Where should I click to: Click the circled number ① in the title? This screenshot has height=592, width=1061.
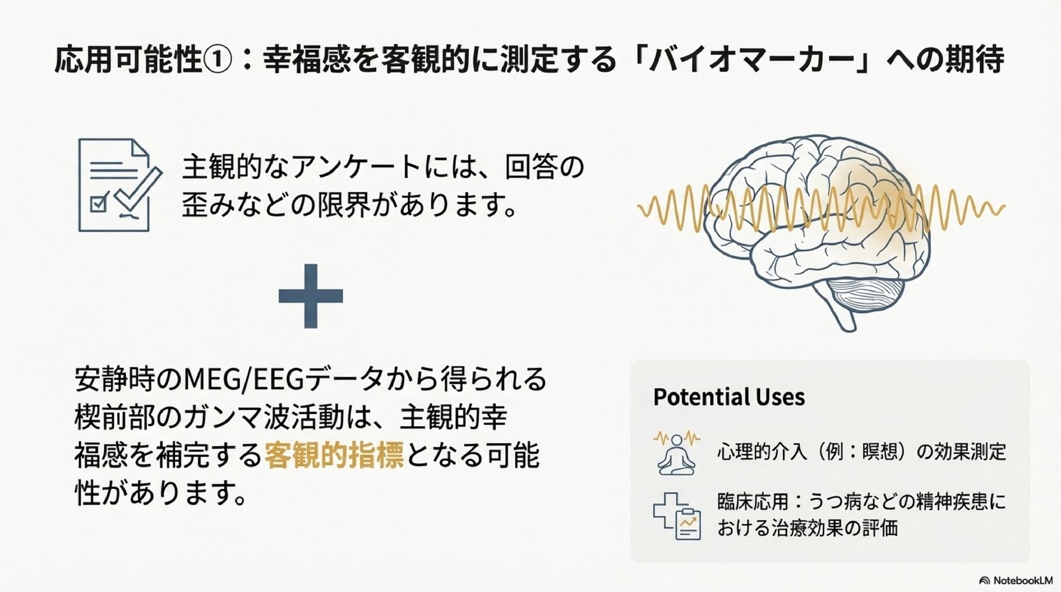pyautogui.click(x=218, y=60)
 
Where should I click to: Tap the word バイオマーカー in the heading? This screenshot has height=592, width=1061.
pyautogui.click(x=749, y=60)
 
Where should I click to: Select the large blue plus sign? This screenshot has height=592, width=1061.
pyautogui.click(x=310, y=296)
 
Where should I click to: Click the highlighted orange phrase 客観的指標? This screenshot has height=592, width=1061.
pyautogui.click(x=334, y=455)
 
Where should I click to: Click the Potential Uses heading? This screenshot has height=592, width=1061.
pyautogui.click(x=729, y=397)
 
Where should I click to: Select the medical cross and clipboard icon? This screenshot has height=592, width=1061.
pyautogui.click(x=677, y=516)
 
